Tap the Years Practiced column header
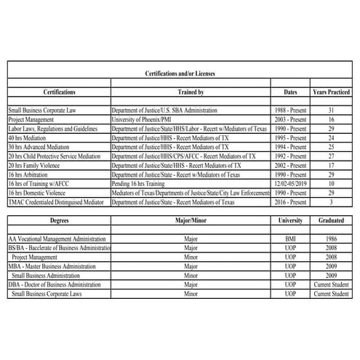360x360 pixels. (331, 92)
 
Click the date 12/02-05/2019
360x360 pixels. (291, 184)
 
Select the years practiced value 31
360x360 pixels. (331, 109)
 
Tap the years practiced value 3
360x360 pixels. (331, 202)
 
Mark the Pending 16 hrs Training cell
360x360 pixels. (145, 184)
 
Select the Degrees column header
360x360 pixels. (59, 220)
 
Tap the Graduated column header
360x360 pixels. (331, 220)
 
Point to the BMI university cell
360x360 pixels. (291, 239)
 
